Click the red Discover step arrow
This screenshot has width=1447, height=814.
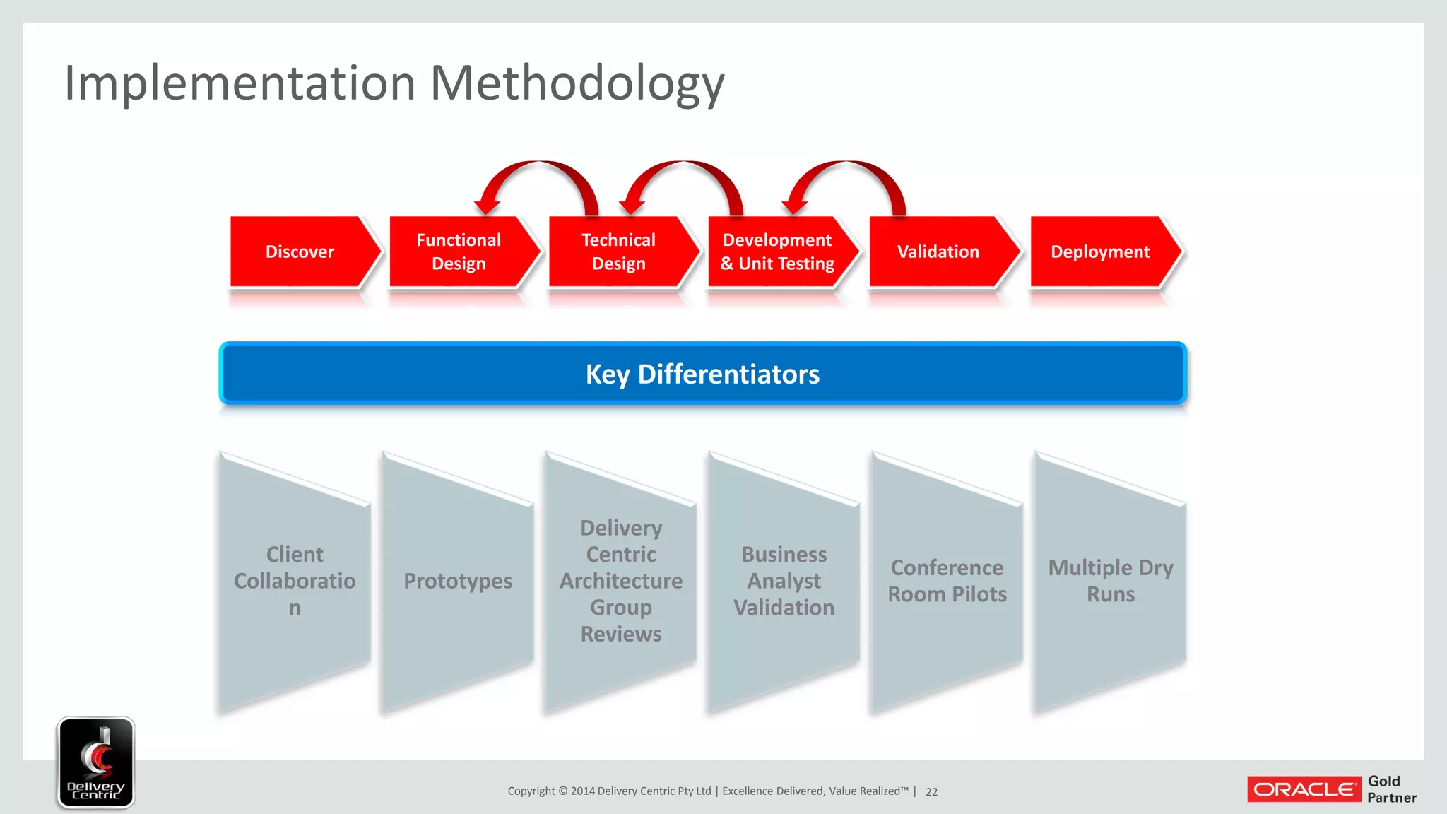[x=300, y=252]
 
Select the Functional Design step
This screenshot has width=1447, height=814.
[x=459, y=252]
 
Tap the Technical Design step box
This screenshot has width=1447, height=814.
[x=619, y=252]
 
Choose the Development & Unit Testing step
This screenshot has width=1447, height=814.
[x=777, y=252]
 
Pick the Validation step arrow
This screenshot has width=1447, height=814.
[x=938, y=252]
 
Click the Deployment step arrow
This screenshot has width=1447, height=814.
[x=1100, y=252]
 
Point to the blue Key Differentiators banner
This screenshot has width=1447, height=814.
[x=702, y=374]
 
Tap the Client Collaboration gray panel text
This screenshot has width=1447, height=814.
[x=295, y=581]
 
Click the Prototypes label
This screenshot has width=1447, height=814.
[x=458, y=581]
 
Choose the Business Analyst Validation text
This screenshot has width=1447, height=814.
[x=784, y=581]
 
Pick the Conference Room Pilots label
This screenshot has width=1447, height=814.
[x=947, y=581]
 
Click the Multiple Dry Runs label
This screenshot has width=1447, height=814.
[x=1111, y=581]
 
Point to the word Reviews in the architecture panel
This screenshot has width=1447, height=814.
[x=621, y=634]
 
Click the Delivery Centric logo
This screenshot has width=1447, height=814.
[x=96, y=762]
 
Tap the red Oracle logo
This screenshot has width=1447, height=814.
[x=1304, y=789]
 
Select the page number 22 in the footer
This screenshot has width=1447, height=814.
[x=932, y=792]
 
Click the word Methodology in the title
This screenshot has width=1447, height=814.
[x=577, y=83]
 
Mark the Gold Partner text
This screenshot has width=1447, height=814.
[x=1391, y=789]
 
